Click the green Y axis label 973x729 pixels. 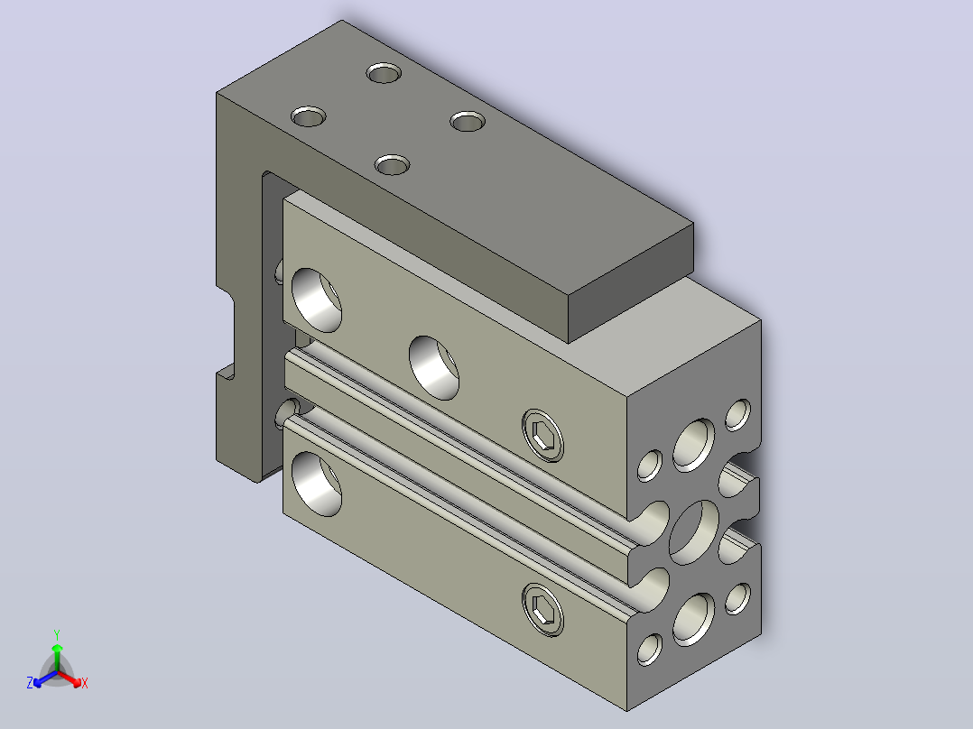pos(57,634)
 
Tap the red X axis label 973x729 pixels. pos(85,683)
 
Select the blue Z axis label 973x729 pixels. pos(30,683)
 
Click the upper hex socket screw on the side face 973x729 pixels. pos(543,435)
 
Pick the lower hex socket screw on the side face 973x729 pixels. pos(543,609)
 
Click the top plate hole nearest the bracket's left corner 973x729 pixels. pos(309,116)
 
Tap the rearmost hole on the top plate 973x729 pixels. pos(384,72)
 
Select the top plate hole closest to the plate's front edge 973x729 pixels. pos(392,165)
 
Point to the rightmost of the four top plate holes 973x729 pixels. pos(468,121)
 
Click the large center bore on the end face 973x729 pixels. pos(694,532)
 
